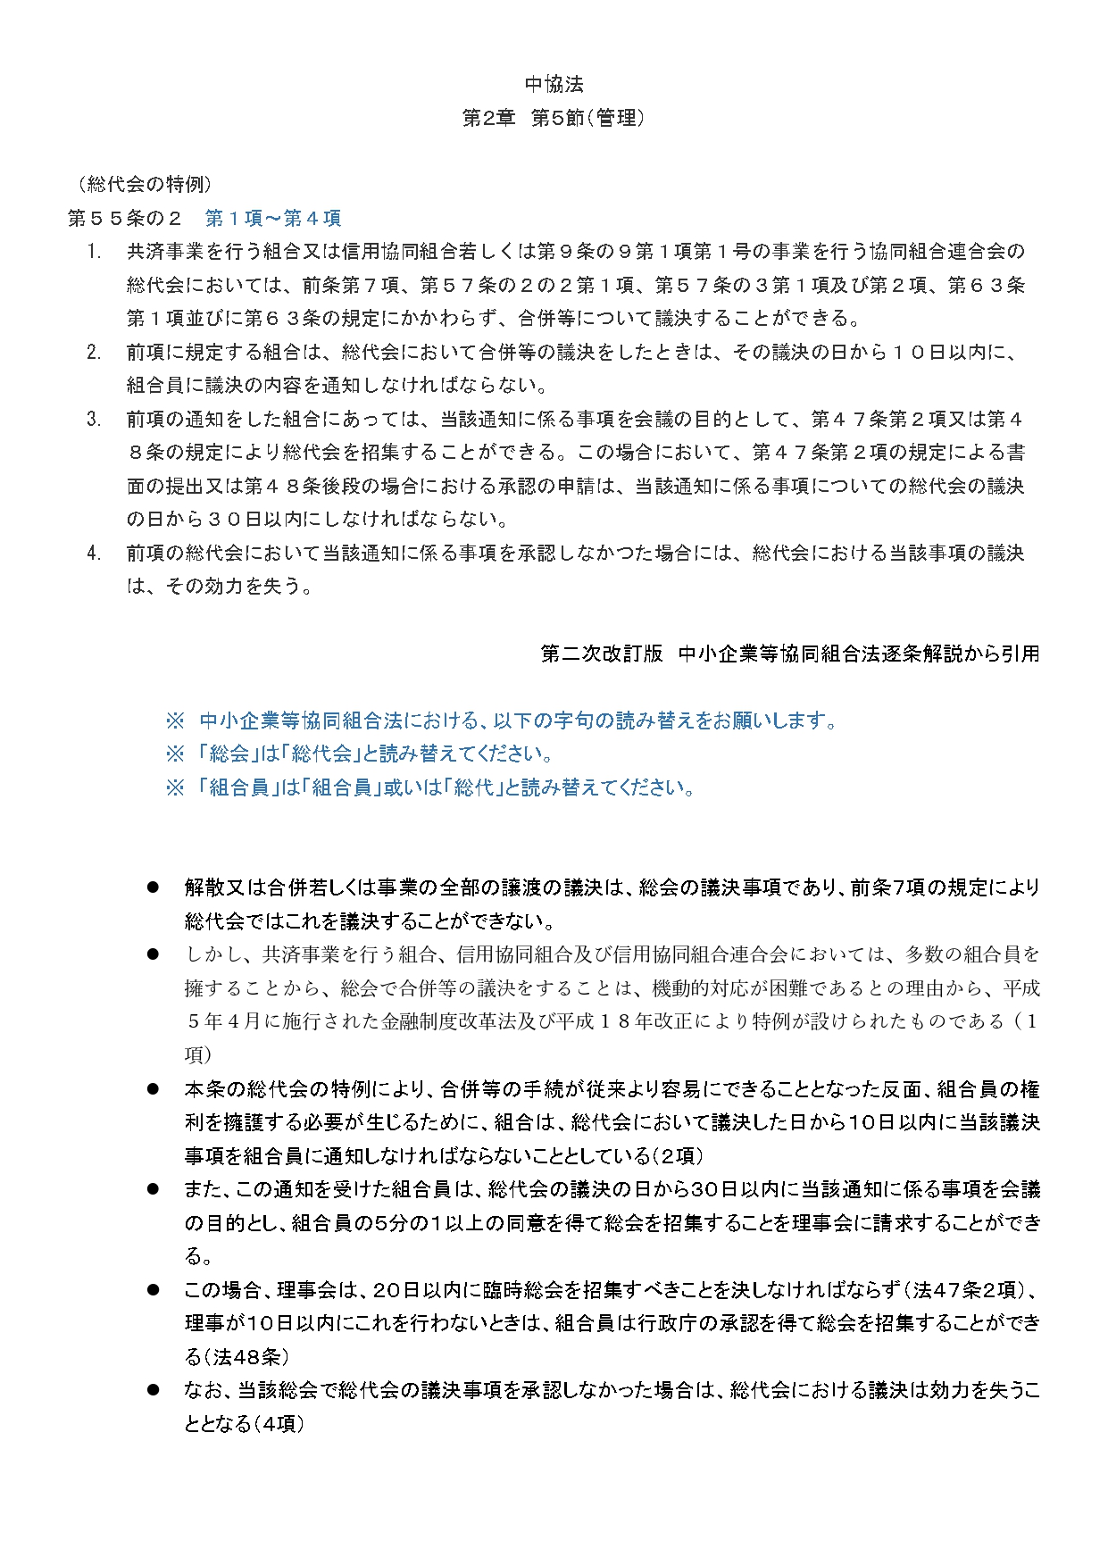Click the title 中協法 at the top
[x=554, y=85]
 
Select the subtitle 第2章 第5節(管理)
[x=554, y=118]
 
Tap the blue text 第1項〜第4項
[x=273, y=219]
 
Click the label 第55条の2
[x=125, y=219]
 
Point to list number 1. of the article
[x=94, y=252]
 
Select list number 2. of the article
[x=94, y=353]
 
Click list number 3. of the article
[x=94, y=420]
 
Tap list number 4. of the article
[x=94, y=554]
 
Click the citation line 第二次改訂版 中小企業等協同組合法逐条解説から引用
[x=790, y=654]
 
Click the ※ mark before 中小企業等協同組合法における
[x=175, y=721]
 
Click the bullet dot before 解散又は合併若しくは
[x=153, y=887]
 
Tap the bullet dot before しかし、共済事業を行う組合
[x=153, y=954]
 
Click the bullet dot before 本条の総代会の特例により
[x=153, y=1089]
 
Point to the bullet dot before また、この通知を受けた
[x=153, y=1189]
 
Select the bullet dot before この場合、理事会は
[x=153, y=1290]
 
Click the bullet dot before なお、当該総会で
[x=153, y=1390]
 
